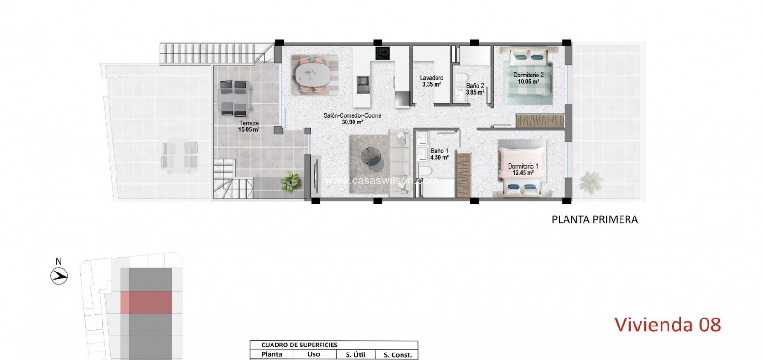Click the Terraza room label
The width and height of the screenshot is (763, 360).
pyautogui.click(x=249, y=123)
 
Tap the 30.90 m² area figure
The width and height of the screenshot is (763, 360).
pyautogui.click(x=353, y=122)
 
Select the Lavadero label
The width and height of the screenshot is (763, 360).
pyautogui.click(x=431, y=78)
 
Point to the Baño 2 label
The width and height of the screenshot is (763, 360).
pyautogui.click(x=475, y=86)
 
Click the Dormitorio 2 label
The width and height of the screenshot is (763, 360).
pyautogui.click(x=528, y=75)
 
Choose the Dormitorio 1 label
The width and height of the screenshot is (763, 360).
pyautogui.click(x=523, y=166)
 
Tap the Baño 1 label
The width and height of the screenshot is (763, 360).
pyautogui.click(x=439, y=151)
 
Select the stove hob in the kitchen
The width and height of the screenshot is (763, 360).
pyautogui.click(x=382, y=53)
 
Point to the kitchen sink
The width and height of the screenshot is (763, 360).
pyautogui.click(x=363, y=84)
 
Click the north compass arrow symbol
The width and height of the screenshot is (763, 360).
pyautogui.click(x=59, y=277)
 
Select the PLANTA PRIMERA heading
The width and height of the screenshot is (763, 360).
pyautogui.click(x=594, y=219)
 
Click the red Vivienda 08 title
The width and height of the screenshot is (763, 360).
pyautogui.click(x=668, y=324)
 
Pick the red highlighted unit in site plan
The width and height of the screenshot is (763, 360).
pyautogui.click(x=146, y=302)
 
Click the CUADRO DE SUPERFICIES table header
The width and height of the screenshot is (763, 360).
pyautogui.click(x=299, y=345)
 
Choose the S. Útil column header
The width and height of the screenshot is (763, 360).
pyautogui.click(x=355, y=354)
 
